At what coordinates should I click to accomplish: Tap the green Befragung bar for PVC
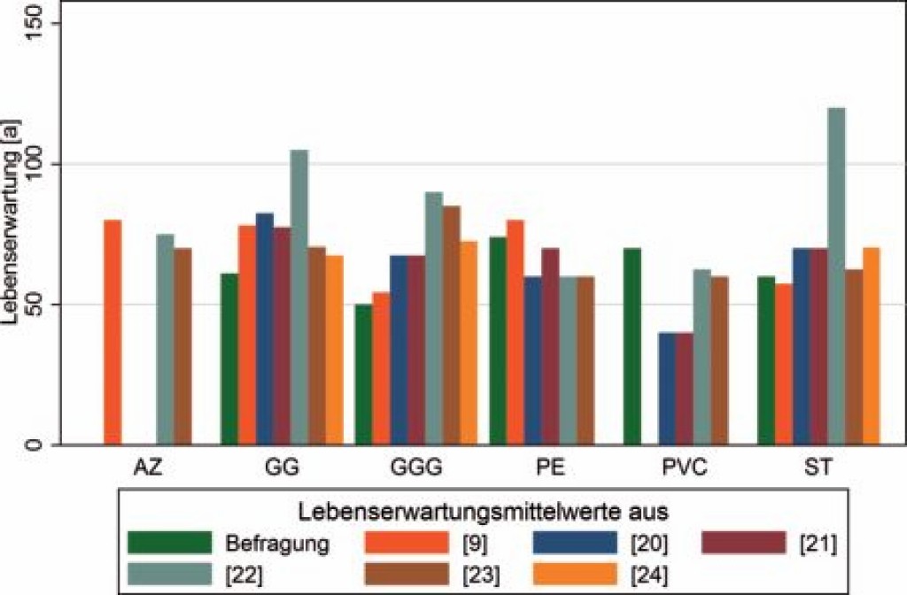coord(632,346)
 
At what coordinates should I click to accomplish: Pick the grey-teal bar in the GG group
coord(299,297)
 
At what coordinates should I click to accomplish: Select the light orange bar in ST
coord(872,346)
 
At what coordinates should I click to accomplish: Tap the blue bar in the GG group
coord(265,328)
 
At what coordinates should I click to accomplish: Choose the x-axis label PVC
coord(684,467)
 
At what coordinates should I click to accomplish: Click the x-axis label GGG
coord(415,467)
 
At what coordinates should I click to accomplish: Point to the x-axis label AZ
coord(147,467)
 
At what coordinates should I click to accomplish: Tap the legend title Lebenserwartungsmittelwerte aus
coord(483,511)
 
